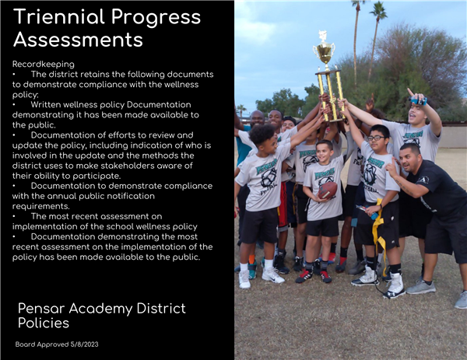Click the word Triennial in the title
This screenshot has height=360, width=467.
pyautogui.click(x=59, y=17)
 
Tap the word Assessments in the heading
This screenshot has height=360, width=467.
pyautogui.click(x=79, y=40)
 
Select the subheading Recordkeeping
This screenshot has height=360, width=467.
pyautogui.click(x=44, y=65)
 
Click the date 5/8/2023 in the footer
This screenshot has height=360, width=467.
pyautogui.click(x=84, y=344)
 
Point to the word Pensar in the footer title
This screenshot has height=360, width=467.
pyautogui.click(x=41, y=308)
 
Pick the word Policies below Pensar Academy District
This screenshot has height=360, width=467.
pyautogui.click(x=44, y=323)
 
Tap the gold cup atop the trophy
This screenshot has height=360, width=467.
pyautogui.click(x=325, y=51)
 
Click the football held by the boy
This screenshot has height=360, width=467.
pyautogui.click(x=328, y=190)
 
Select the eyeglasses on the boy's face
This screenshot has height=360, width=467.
pyautogui.click(x=376, y=138)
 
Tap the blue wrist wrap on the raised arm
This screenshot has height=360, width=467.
pyautogui.click(x=419, y=101)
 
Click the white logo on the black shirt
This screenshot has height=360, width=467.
pyautogui.click(x=423, y=180)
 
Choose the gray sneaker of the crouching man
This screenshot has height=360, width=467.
pyautogui.click(x=420, y=287)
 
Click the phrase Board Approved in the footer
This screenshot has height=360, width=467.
pyautogui.click(x=42, y=344)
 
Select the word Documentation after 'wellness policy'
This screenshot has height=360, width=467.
pyautogui.click(x=159, y=105)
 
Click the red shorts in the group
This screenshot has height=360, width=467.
pyautogui.click(x=283, y=205)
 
